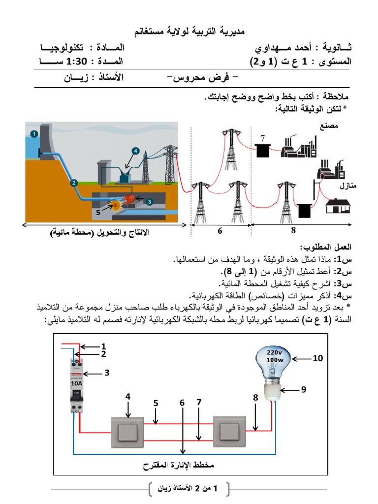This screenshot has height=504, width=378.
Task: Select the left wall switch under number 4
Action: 127,432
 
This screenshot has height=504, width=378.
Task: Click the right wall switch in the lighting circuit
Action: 229,431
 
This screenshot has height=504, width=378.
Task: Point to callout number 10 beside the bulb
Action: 317,359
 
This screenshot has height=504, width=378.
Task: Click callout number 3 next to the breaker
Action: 106,373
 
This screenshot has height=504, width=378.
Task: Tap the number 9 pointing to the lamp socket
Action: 304,389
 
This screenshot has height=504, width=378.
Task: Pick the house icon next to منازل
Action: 338,206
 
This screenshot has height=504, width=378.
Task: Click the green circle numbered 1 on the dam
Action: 33,133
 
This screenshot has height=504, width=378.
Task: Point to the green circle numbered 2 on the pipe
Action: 73,183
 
